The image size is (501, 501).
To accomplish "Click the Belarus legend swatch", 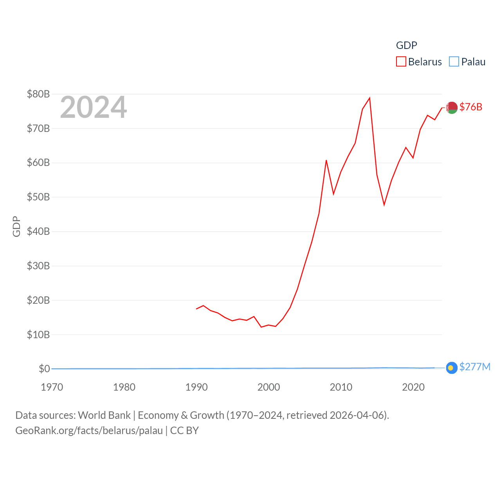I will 401,62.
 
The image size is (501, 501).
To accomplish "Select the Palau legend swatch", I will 454,62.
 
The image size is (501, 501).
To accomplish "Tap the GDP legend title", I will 406,45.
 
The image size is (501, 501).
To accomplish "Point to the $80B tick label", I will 38,94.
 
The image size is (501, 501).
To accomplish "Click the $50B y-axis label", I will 38,197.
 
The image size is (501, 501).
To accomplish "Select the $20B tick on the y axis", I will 38,300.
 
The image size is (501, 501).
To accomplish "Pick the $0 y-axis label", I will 44,369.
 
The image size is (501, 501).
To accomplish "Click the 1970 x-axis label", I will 52,387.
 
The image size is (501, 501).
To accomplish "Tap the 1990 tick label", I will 196,387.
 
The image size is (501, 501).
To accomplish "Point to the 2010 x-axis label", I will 341,387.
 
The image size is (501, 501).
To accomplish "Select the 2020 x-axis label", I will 413,387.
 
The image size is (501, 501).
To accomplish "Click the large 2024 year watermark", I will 93,107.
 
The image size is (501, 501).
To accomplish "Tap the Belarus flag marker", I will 452,107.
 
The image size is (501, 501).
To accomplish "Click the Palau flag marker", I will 451,368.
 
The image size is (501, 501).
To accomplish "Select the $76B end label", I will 471,107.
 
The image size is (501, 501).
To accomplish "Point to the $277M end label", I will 475,367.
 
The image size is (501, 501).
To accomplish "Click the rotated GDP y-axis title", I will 16,226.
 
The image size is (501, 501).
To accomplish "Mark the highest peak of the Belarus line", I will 369,98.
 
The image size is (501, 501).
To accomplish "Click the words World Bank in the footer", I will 104,415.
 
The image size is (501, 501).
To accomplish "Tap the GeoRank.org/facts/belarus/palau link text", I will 89,431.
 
